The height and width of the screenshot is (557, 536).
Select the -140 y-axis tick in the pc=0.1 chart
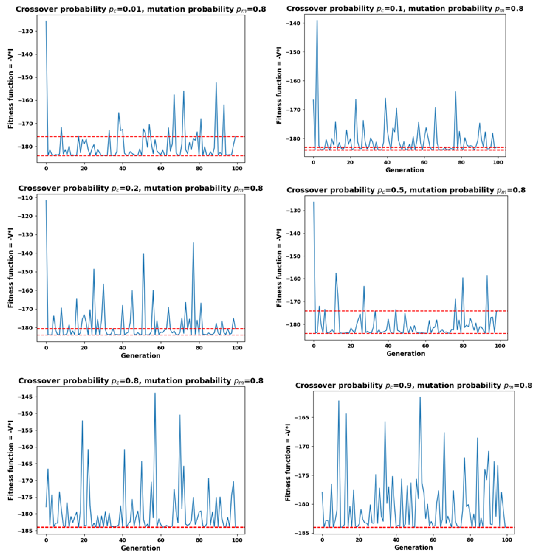click(x=295, y=23)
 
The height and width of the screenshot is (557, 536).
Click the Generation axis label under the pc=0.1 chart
click(x=404, y=170)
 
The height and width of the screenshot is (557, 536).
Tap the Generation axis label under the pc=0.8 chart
click(x=141, y=548)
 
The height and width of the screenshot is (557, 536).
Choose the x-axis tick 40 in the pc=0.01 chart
click(x=122, y=168)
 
